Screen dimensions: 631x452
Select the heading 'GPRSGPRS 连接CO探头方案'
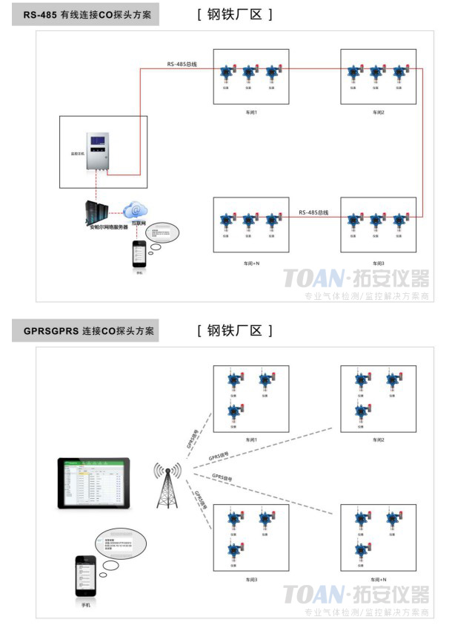[86, 331]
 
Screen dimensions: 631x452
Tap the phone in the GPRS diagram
[86, 578]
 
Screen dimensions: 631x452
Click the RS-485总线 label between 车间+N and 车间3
[313, 212]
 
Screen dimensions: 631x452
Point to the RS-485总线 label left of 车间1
[182, 65]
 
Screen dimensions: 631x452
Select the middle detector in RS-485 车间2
[376, 73]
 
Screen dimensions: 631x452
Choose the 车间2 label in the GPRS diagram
[378, 439]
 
